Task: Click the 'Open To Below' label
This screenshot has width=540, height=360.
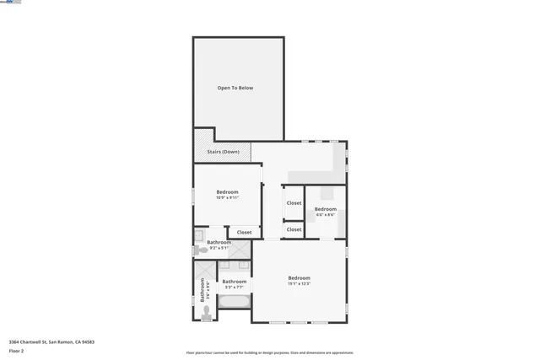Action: point(235,88)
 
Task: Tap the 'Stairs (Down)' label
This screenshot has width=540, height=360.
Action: point(224,152)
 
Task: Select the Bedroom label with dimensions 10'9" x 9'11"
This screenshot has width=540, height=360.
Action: point(227,192)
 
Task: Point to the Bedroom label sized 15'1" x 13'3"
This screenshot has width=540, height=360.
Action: point(299,278)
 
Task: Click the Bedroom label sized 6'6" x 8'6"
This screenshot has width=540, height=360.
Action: point(326,209)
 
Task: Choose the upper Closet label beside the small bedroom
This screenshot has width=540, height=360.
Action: point(294,203)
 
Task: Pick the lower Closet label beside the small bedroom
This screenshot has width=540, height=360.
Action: point(294,229)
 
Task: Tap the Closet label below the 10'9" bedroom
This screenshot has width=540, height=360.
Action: point(244,232)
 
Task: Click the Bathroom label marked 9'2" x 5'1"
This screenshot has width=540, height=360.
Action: point(219,243)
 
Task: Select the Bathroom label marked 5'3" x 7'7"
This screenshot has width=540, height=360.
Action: point(234,282)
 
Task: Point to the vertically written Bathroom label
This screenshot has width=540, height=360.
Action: point(202,289)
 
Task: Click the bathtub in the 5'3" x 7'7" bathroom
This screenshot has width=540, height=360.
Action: point(235,301)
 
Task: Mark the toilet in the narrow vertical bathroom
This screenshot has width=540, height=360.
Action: point(206,311)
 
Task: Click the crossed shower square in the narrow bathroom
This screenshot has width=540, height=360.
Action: point(205,270)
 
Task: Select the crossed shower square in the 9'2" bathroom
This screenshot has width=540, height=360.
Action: point(240,250)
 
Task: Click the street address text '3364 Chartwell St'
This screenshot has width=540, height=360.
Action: point(34,342)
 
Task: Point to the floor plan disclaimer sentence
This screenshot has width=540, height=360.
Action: point(270,353)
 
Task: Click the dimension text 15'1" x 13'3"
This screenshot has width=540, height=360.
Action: point(299,283)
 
